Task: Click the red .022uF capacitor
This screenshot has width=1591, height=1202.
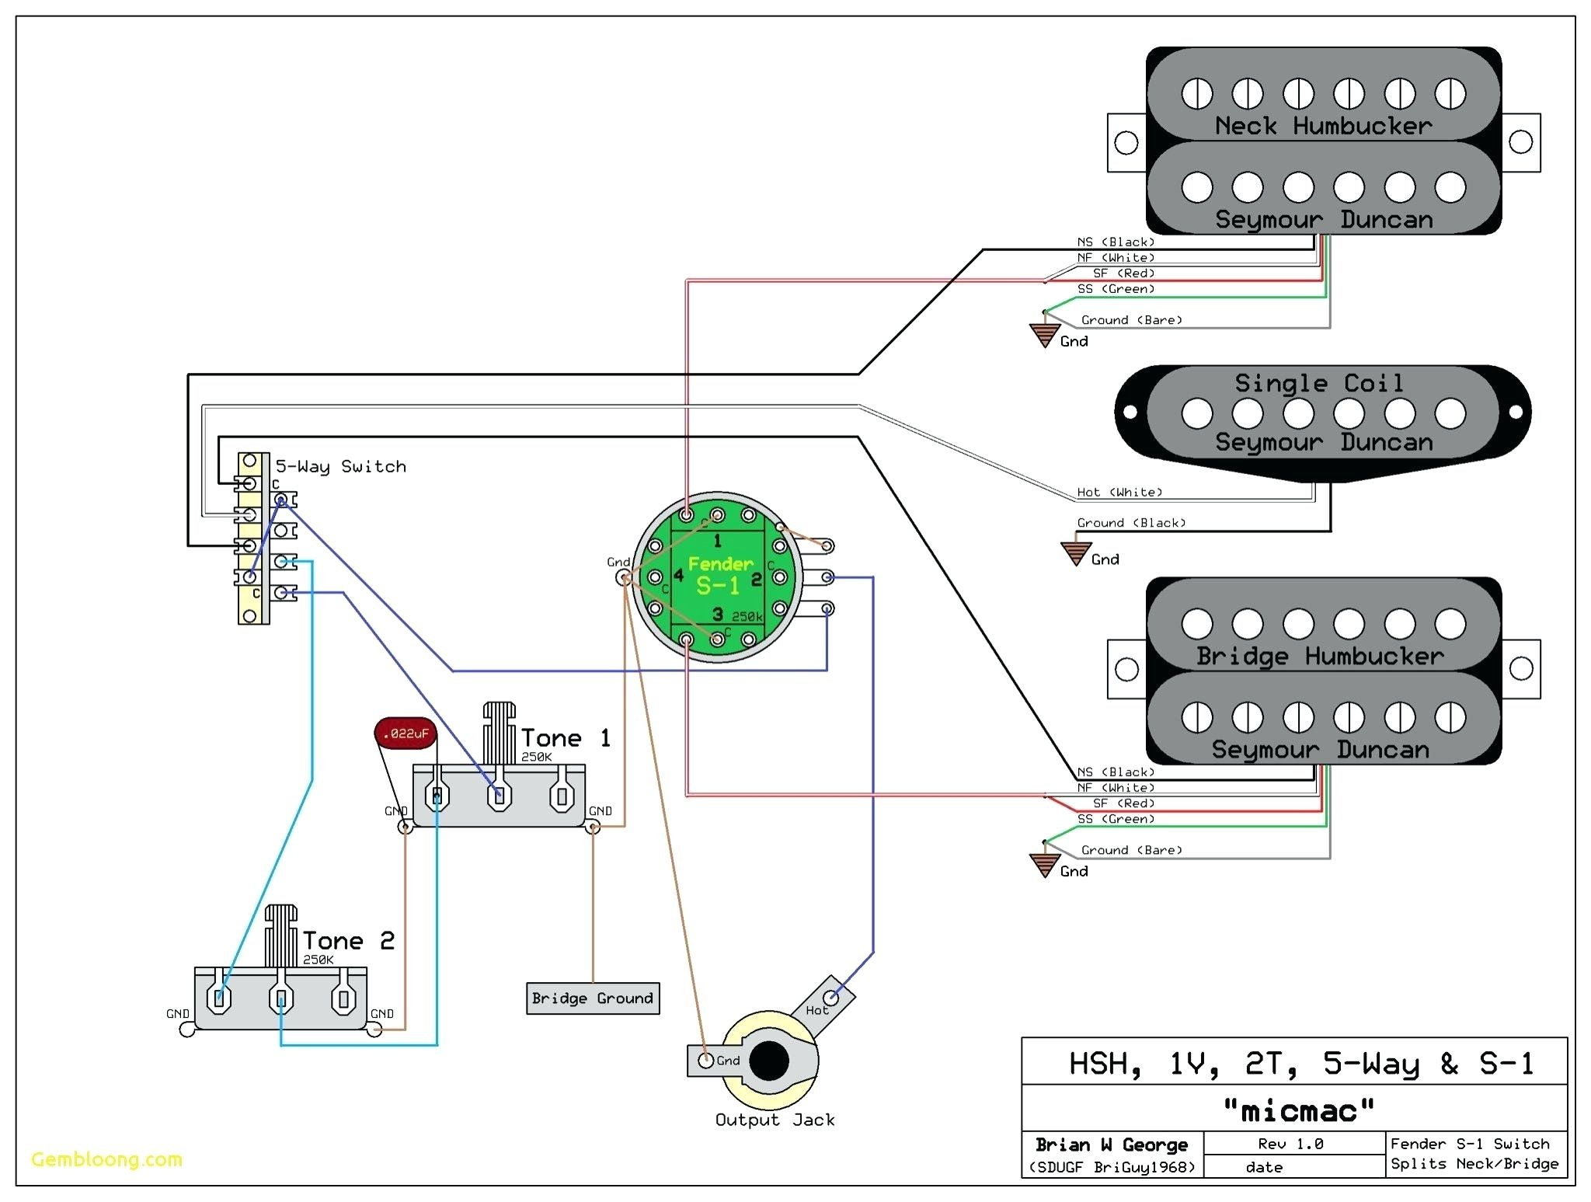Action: [406, 733]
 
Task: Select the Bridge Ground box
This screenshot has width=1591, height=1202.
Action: [593, 998]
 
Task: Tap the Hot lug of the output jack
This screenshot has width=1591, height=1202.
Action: [830, 997]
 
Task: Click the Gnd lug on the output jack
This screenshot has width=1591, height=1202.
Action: [706, 1061]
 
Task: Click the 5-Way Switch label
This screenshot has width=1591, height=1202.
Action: [340, 466]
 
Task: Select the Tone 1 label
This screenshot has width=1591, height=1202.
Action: [566, 737]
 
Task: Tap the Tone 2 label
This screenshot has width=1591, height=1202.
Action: [348, 941]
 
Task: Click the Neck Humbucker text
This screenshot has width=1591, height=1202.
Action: [1323, 126]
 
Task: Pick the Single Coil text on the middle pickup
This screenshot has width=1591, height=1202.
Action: [1318, 383]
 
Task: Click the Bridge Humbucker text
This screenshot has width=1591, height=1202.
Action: [1320, 657]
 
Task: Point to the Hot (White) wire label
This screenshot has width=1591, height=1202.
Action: [1119, 492]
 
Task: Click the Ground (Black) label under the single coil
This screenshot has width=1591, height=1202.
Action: [1131, 523]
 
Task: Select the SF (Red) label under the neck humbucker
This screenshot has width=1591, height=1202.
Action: [1123, 273]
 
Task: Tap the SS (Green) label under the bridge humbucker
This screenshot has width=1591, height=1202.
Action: [1116, 819]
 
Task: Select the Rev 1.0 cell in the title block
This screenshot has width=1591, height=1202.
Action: [1290, 1144]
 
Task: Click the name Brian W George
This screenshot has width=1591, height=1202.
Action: [1111, 1145]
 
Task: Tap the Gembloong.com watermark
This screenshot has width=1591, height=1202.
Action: [106, 1159]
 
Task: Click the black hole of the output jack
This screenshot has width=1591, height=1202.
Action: [769, 1061]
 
